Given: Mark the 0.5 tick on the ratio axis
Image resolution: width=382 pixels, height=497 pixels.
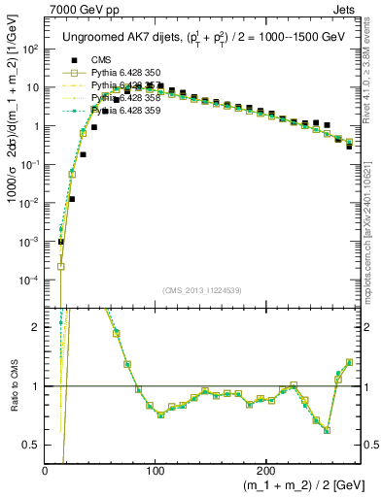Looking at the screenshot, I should tap(33, 445).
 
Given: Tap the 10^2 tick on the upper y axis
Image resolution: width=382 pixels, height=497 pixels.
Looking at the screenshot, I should tap(32, 49).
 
